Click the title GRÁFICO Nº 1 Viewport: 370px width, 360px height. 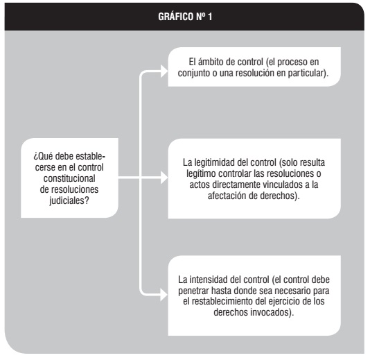185,17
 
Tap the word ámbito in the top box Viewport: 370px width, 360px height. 211,62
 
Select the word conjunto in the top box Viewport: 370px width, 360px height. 194,73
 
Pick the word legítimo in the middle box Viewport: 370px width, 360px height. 201,173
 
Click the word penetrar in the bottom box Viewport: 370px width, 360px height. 193,291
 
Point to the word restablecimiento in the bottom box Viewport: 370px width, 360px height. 221,302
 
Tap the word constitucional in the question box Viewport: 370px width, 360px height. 69,178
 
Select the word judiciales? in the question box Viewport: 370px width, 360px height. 69,200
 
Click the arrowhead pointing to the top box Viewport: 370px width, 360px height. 164,71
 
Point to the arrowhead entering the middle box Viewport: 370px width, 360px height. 164,178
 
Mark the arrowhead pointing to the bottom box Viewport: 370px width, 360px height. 164,295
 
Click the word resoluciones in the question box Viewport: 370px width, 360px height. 75,189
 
